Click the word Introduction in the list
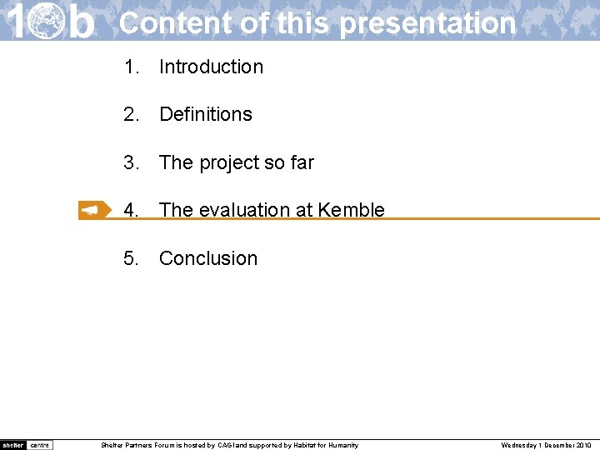click(211, 67)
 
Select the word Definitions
click(205, 114)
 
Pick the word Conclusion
click(208, 258)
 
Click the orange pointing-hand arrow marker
click(94, 211)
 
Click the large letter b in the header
click(81, 21)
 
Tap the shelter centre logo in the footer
click(27, 445)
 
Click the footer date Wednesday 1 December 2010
click(546, 445)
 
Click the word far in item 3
click(302, 162)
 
